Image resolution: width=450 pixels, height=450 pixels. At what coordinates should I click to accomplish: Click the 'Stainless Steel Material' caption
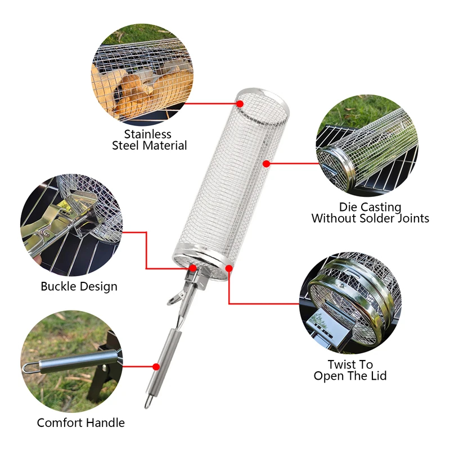[149, 139]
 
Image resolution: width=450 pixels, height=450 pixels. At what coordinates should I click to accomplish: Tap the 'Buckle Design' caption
[79, 286]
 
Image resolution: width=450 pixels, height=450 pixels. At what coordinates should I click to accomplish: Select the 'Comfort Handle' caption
[81, 423]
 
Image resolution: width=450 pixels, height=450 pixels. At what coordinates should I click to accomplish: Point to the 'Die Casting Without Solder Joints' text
[370, 213]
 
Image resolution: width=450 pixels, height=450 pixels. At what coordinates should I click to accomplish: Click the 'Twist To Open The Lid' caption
[350, 370]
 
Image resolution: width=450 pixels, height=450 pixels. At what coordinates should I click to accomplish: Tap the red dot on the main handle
[156, 367]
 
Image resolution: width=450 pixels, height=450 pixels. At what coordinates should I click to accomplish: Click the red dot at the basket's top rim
[240, 103]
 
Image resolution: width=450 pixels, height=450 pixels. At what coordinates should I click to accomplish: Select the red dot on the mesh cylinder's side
[267, 164]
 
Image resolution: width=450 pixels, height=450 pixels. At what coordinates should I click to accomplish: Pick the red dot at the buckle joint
[193, 268]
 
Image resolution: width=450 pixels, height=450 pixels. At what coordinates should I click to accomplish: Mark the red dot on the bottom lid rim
[229, 268]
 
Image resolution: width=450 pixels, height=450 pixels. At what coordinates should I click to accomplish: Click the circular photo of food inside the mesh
[142, 75]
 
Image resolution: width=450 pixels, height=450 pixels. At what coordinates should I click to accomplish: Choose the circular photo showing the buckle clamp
[71, 225]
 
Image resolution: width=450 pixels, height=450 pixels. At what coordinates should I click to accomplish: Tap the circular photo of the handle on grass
[71, 362]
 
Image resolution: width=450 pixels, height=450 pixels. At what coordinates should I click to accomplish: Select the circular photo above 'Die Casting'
[367, 146]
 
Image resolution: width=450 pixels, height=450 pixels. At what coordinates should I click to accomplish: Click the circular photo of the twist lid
[350, 303]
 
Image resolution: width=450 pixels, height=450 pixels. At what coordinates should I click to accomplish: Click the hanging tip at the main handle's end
[148, 402]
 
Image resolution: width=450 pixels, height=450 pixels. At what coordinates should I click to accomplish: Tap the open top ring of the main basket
[262, 107]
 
